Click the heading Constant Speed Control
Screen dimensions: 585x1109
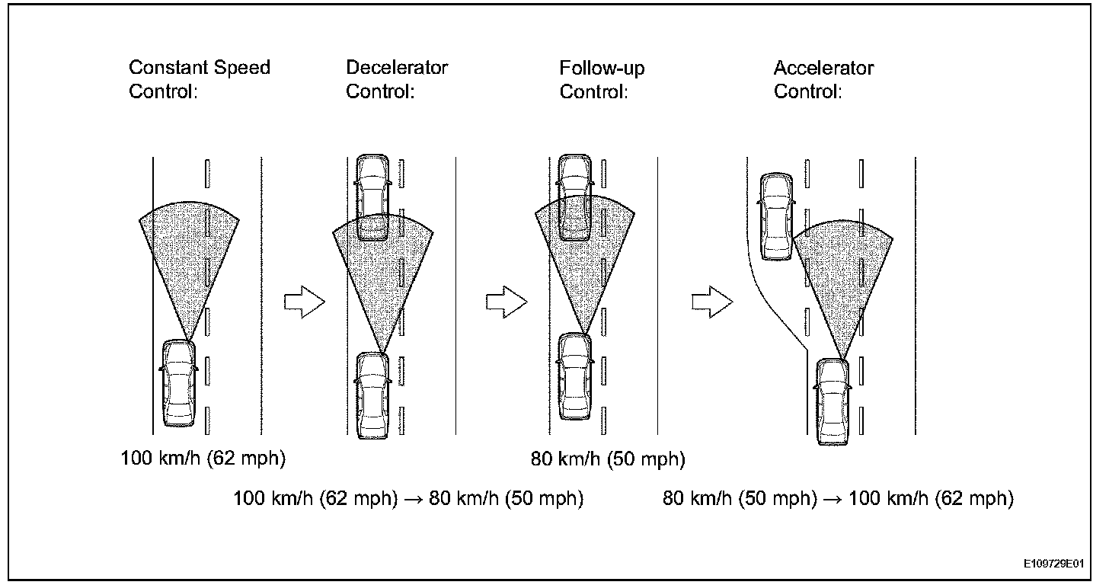tap(199, 79)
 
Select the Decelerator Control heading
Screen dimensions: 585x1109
tap(397, 79)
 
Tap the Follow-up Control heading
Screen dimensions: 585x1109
tap(602, 79)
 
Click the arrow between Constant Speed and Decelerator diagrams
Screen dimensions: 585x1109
tap(304, 302)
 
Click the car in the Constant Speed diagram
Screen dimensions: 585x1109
tap(179, 383)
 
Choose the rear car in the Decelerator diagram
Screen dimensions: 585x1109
tap(373, 395)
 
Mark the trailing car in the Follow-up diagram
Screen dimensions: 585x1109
tap(575, 376)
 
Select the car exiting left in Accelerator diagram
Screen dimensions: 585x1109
tap(777, 217)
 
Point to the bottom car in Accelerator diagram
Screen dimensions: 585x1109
tap(832, 402)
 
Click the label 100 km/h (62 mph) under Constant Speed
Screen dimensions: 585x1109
tap(203, 459)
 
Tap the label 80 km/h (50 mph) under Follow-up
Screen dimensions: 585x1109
tap(608, 459)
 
